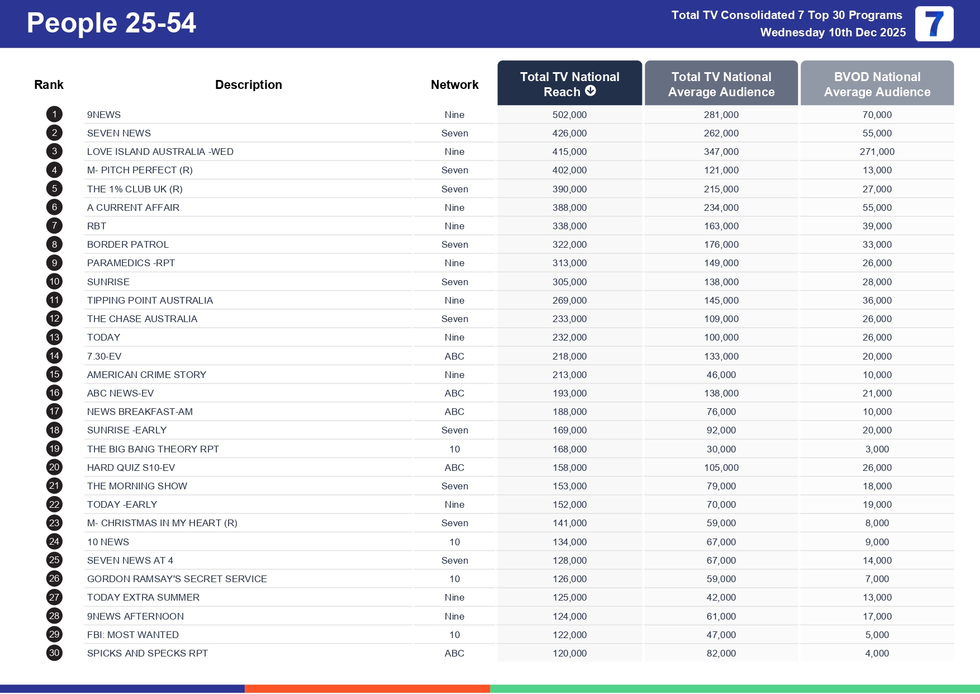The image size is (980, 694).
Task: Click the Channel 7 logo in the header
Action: (x=934, y=24)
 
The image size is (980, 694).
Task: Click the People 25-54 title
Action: (x=111, y=23)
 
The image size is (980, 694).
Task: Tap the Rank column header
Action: (x=49, y=84)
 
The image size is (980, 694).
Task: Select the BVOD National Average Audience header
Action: (x=877, y=84)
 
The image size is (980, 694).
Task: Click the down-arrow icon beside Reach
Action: (x=591, y=91)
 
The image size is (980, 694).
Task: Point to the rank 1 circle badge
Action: (x=54, y=115)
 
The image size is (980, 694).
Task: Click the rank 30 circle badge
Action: (x=54, y=653)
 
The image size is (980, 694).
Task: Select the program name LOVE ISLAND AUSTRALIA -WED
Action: (x=160, y=152)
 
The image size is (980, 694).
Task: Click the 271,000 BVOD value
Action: (x=877, y=152)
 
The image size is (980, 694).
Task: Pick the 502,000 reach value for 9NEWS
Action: (x=569, y=115)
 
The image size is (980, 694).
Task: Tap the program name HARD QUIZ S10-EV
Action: (x=131, y=468)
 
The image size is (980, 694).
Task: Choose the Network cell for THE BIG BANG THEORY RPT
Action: (x=454, y=449)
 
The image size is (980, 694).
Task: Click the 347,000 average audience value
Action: (x=721, y=152)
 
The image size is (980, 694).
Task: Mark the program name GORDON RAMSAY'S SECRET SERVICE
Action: (x=177, y=579)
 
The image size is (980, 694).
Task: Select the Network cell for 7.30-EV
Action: (x=454, y=356)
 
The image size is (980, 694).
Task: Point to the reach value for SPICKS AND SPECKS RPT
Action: (x=569, y=653)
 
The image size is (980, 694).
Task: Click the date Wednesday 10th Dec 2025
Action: (x=832, y=32)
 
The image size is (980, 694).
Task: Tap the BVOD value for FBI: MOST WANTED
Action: (x=877, y=635)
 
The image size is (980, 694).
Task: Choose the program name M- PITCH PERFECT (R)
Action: (x=140, y=170)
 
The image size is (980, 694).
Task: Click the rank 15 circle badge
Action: (x=54, y=375)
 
